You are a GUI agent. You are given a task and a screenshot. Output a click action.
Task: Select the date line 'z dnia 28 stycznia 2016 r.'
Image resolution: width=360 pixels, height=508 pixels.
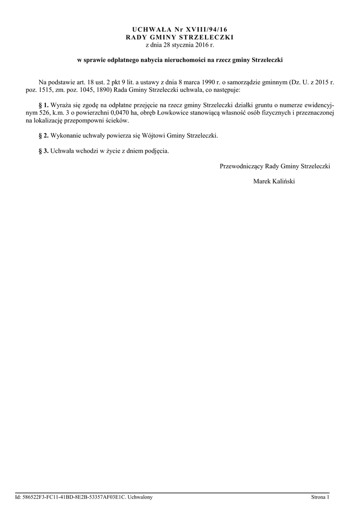tap(179, 45)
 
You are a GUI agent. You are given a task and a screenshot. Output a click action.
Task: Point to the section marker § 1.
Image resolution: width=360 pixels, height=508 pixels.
tap(43, 106)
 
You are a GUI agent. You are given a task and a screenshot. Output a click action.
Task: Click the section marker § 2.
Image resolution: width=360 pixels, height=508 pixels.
tap(43, 135)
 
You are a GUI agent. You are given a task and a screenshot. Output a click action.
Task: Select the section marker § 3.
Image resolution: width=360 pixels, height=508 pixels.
tap(43, 151)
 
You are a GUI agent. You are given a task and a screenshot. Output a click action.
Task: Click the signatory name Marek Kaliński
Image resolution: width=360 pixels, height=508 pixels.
tap(274, 181)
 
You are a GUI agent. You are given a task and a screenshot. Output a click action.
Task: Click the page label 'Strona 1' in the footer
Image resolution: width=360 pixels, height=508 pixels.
tap(320, 497)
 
